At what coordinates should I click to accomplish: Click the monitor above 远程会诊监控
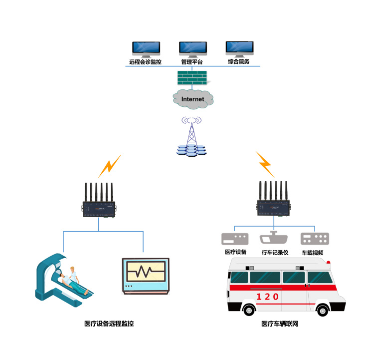[146, 48]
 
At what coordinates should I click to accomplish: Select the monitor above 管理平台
[193, 48]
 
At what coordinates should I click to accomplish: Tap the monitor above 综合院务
[239, 48]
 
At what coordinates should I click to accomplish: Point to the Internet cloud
[193, 99]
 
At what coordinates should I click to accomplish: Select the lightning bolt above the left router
[109, 166]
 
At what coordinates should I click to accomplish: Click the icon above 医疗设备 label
[235, 238]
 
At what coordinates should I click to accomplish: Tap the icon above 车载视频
[314, 238]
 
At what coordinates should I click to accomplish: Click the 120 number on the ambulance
[267, 297]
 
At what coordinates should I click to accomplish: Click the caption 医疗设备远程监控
[109, 324]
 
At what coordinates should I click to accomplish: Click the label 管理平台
[193, 62]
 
